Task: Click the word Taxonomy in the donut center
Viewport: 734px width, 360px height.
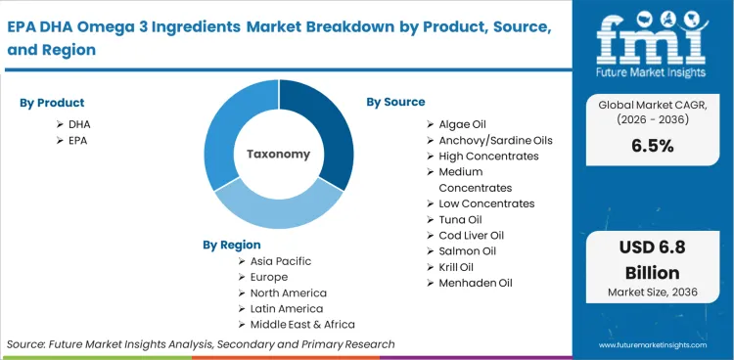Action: coord(278,154)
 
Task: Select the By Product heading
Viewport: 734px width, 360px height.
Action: coord(52,103)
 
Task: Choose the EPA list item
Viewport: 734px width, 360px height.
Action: coord(79,141)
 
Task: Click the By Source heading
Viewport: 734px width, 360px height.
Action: coord(395,102)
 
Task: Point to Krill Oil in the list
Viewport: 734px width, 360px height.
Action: coord(456,267)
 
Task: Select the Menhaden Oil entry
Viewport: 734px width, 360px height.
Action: coord(475,283)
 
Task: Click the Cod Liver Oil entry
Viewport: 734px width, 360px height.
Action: coord(472,236)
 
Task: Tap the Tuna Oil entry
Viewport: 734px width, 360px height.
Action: coord(458,219)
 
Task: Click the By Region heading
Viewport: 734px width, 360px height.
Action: coord(232,245)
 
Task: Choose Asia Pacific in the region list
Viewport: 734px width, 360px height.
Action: coord(281,261)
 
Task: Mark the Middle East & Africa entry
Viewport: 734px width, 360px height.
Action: coord(302,324)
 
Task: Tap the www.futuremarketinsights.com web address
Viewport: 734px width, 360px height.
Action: coord(660,345)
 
